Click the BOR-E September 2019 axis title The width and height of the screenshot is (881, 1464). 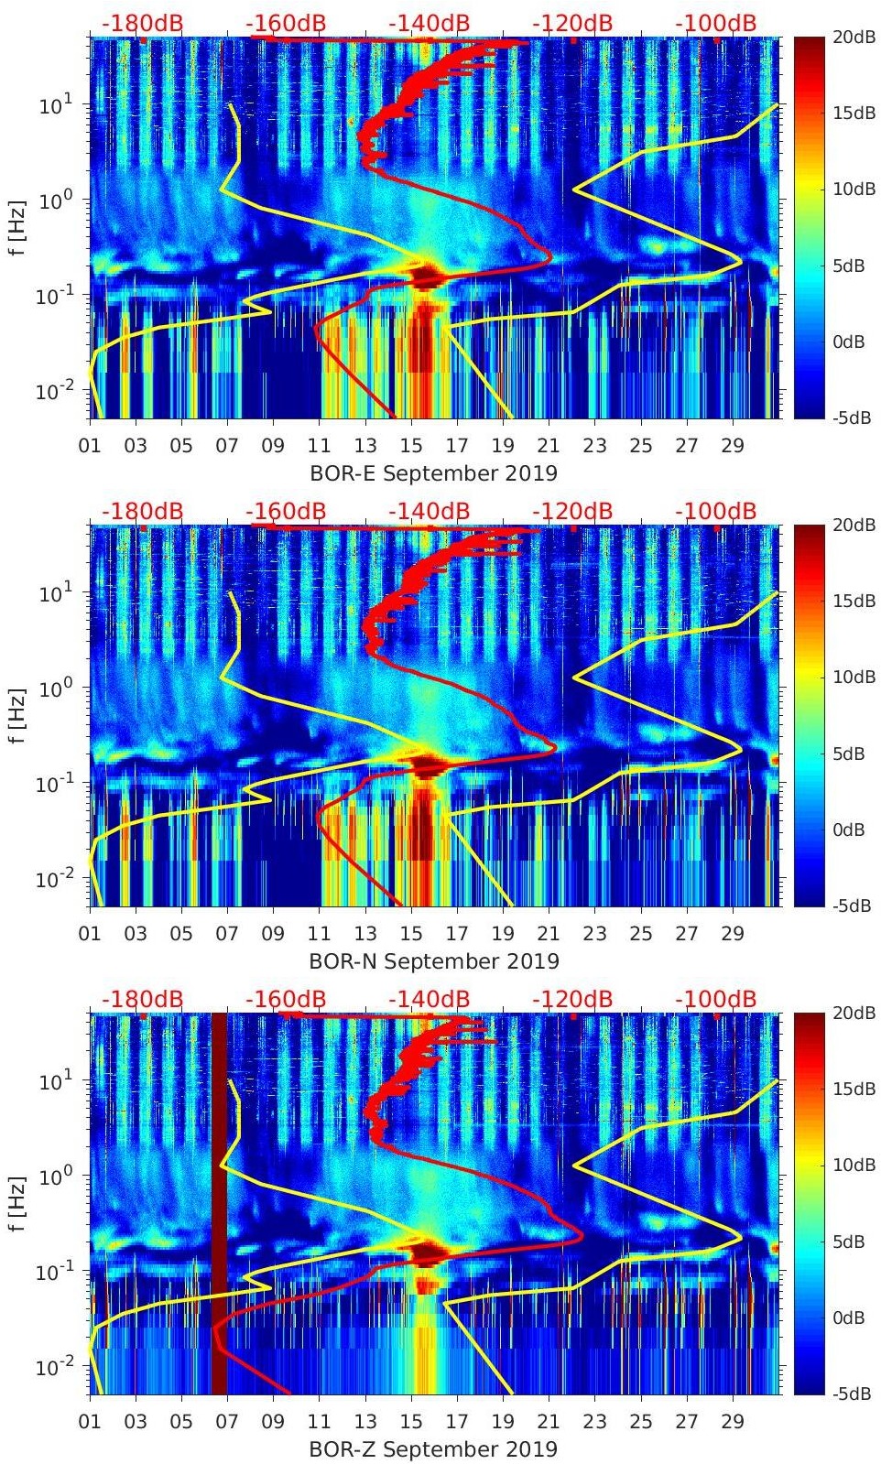[x=433, y=473]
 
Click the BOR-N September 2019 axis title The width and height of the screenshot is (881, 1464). [x=433, y=961]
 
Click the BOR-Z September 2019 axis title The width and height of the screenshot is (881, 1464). [x=433, y=1449]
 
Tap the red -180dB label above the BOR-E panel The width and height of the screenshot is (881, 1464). [x=143, y=23]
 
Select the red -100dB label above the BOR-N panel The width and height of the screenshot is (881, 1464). [x=716, y=511]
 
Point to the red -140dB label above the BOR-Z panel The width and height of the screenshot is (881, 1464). [x=430, y=999]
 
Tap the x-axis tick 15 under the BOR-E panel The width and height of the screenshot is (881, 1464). [x=411, y=446]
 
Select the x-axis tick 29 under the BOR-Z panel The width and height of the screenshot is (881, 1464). [x=733, y=1422]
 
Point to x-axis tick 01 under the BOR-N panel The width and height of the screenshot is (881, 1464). [x=90, y=934]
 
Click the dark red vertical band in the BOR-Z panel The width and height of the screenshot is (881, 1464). [x=219, y=1203]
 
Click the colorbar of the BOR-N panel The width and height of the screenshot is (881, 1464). [x=810, y=715]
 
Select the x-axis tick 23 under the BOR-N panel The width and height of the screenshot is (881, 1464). [x=594, y=934]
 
